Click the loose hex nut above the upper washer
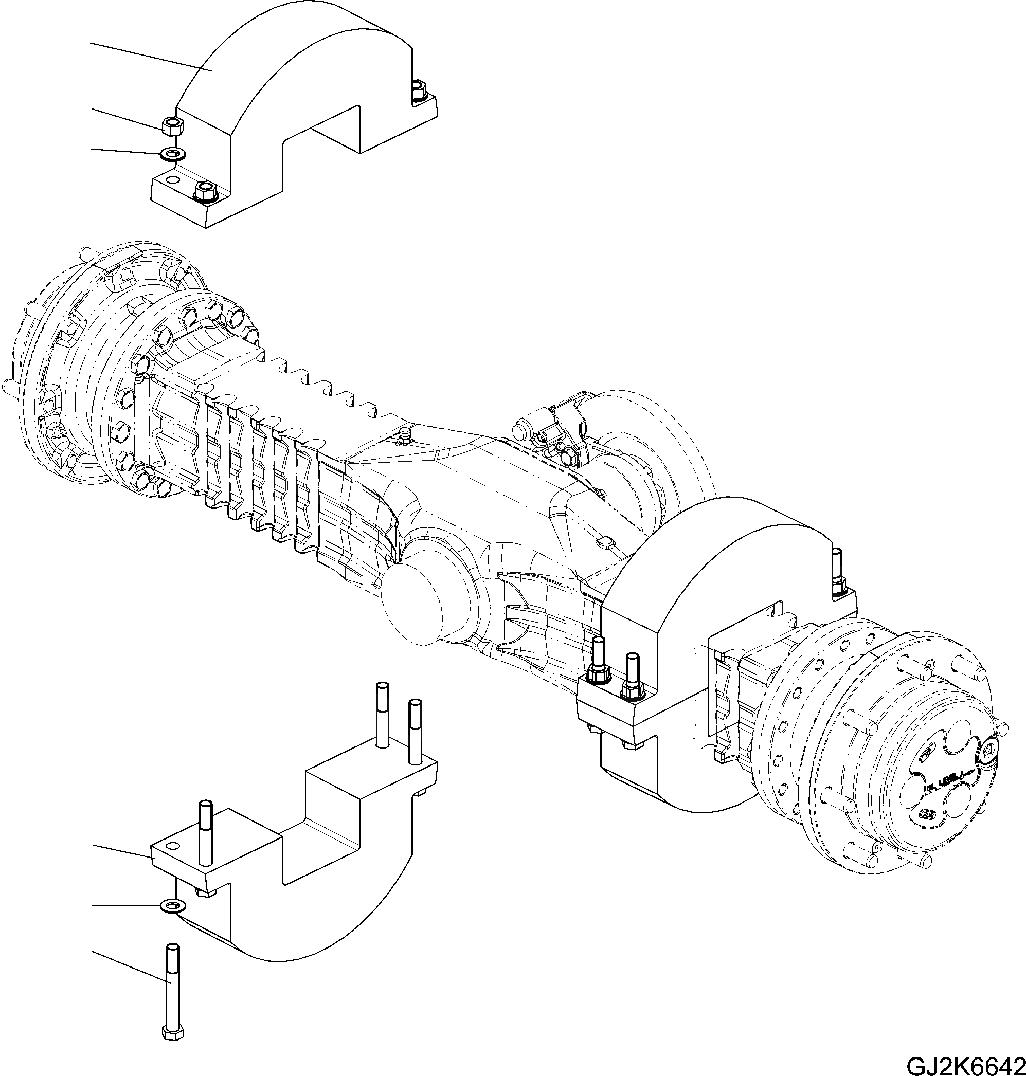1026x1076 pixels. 173,126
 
